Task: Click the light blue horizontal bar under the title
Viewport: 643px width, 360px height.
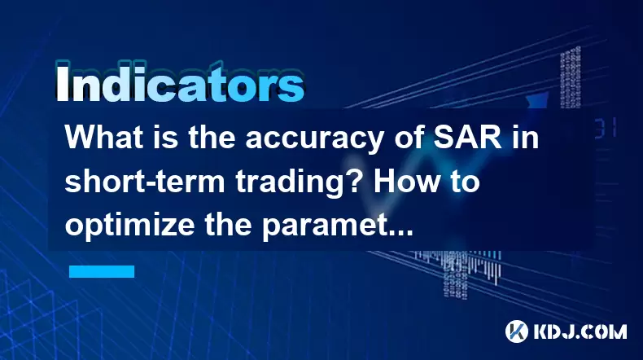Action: (102, 271)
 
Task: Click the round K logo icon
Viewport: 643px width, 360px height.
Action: (517, 331)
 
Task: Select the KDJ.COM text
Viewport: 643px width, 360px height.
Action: (580, 331)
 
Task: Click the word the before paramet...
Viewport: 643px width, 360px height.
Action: (228, 226)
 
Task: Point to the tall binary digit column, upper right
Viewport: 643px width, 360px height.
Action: (571, 77)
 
